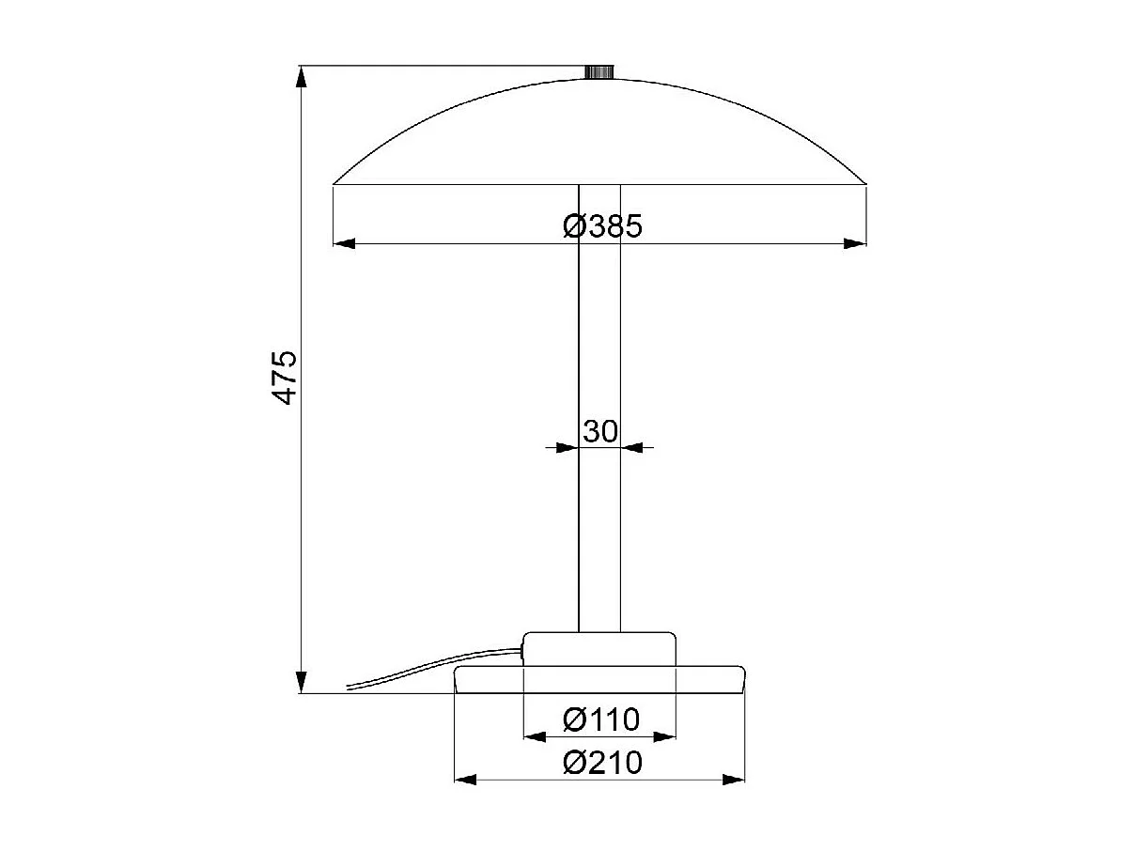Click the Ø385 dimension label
[x=602, y=225]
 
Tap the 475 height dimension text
[x=284, y=378]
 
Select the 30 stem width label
[x=599, y=431]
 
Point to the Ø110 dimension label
[x=600, y=719]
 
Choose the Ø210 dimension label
[x=602, y=763]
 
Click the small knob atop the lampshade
[x=599, y=71]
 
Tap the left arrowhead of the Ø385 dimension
[x=345, y=243]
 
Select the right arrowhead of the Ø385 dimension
[x=855, y=243]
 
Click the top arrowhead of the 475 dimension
[x=302, y=77]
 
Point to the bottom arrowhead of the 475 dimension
[x=302, y=682]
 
